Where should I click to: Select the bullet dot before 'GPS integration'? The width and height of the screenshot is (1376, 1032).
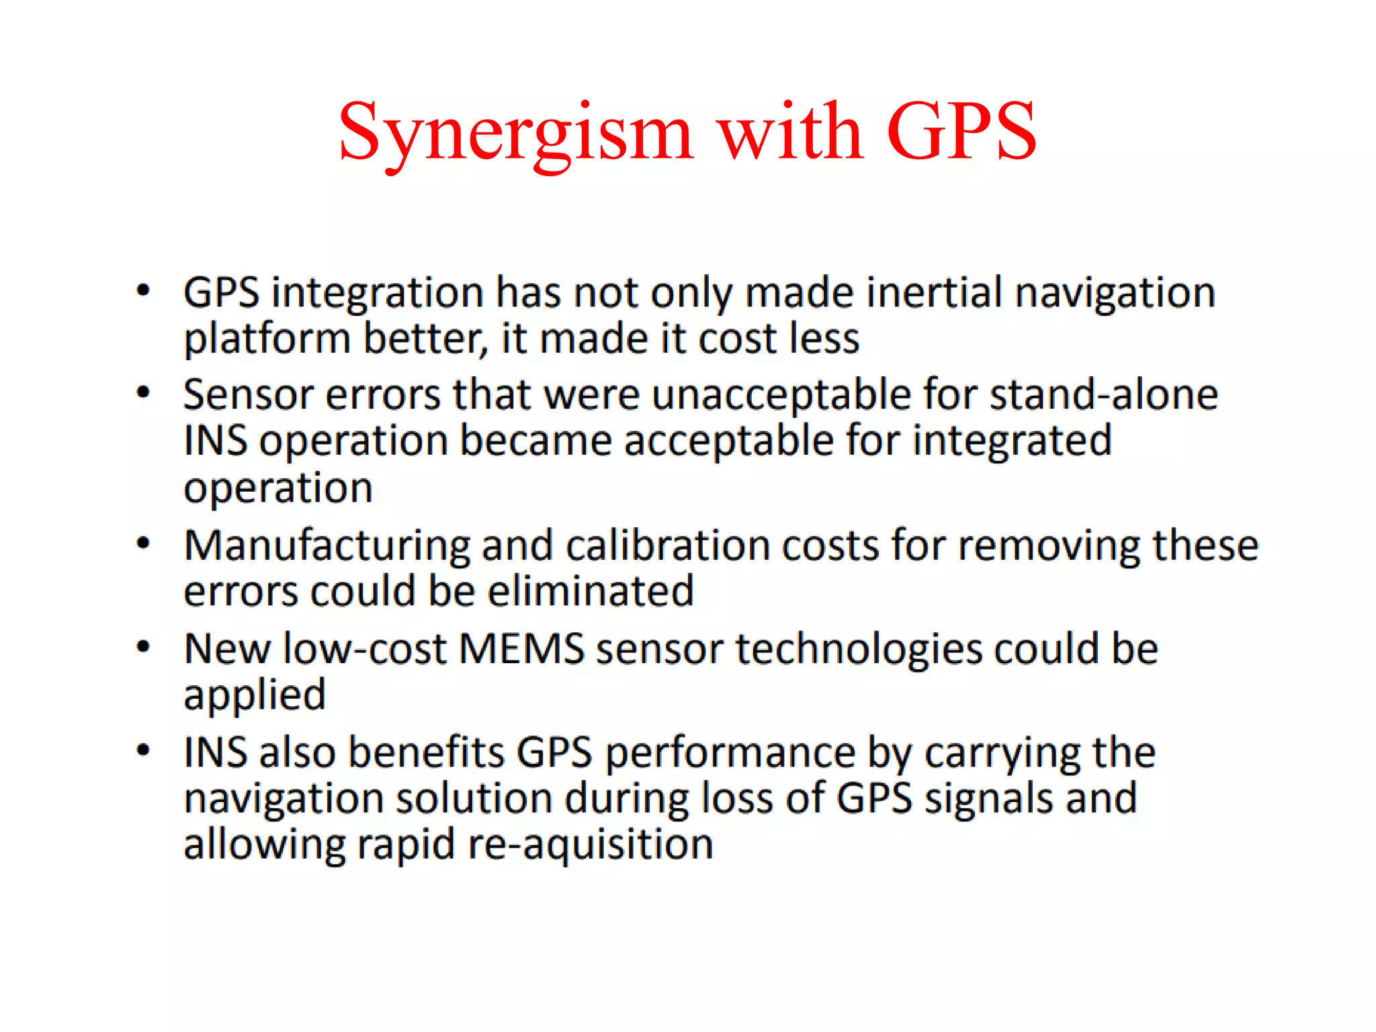[x=143, y=291]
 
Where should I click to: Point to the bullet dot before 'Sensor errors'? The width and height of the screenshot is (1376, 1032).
[x=143, y=392]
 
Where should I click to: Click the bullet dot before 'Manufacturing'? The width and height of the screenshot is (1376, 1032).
[x=143, y=543]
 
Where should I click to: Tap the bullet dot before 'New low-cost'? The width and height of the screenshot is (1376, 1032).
[x=143, y=647]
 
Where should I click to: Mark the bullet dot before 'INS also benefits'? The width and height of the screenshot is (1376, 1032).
[x=143, y=750]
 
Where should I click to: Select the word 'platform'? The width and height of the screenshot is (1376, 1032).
[x=267, y=339]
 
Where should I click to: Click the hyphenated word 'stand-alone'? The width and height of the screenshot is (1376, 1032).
[x=1103, y=394]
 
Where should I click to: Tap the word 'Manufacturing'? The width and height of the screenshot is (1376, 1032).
[x=327, y=546]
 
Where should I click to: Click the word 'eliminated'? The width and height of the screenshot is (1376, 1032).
[x=591, y=592]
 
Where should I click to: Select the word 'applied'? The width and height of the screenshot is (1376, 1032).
[x=255, y=696]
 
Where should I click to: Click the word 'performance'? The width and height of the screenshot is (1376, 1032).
[x=730, y=753]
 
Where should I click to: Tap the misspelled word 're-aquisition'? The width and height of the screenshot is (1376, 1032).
[x=591, y=845]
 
